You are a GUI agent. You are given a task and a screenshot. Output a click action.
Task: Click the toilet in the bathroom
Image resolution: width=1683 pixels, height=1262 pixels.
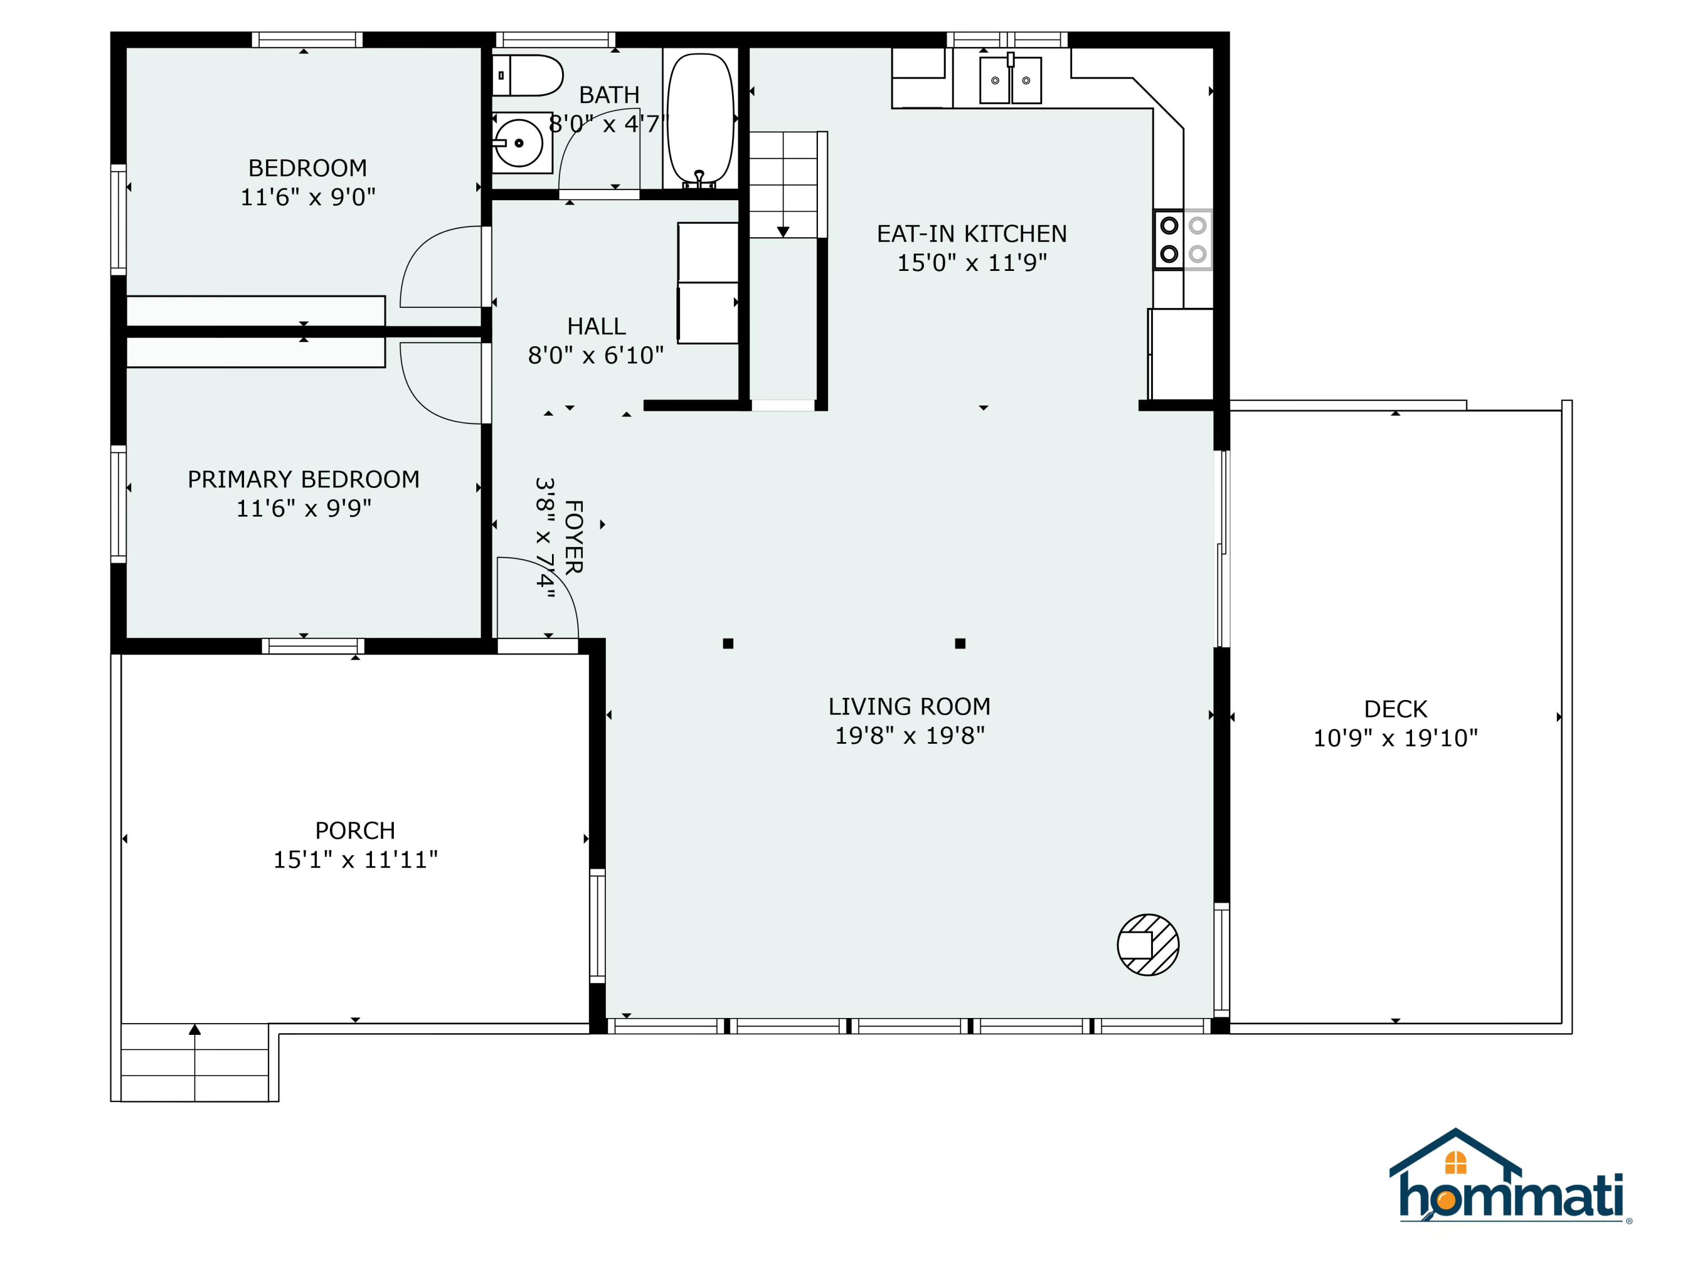[527, 75]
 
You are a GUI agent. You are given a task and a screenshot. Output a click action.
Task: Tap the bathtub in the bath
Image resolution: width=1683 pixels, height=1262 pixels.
[700, 119]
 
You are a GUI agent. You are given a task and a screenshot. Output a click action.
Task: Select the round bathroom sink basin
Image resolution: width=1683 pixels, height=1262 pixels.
[519, 143]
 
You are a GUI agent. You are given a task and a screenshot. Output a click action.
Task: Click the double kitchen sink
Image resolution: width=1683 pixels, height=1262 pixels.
[1010, 80]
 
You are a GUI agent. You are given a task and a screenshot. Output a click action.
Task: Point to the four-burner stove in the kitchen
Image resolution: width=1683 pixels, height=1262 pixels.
[1183, 239]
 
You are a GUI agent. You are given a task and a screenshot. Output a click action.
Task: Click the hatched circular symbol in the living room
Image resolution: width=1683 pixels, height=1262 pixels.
[1148, 945]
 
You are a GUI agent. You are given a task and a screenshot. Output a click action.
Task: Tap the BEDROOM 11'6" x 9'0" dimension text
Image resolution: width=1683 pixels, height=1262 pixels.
[308, 197]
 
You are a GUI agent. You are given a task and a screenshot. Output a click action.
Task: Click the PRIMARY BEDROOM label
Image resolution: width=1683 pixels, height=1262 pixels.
[304, 479]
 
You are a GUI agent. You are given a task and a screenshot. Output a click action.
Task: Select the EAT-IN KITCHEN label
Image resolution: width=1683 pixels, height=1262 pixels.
[972, 233]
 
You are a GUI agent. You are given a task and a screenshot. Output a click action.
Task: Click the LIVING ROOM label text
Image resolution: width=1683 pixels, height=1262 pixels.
[909, 707]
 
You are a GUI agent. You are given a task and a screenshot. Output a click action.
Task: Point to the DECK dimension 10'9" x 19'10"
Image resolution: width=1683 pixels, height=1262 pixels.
[1395, 738]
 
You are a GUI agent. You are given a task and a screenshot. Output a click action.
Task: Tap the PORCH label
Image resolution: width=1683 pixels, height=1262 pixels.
[355, 831]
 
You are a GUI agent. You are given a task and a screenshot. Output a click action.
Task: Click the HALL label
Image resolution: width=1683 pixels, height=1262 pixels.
[596, 326]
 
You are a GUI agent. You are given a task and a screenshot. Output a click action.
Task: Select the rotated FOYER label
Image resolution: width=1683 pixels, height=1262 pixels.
[574, 537]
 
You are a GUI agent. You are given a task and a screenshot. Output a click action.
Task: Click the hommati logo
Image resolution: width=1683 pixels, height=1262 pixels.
[1510, 1175]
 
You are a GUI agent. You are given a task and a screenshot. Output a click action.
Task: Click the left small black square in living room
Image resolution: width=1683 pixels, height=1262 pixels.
[728, 643]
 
